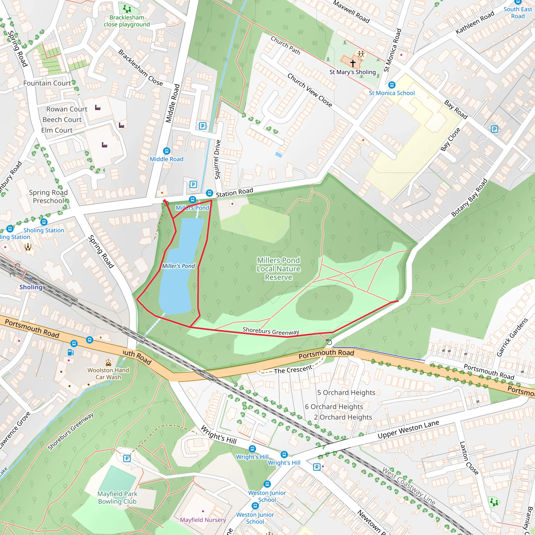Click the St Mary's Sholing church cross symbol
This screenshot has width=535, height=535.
pyautogui.click(x=352, y=63)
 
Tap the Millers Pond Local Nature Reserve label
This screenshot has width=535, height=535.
pyautogui.click(x=278, y=269)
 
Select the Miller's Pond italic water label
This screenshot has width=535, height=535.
pyautogui.click(x=178, y=266)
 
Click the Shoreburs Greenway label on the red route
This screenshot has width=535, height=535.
pyautogui.click(x=271, y=331)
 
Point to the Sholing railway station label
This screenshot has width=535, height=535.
pyautogui.click(x=31, y=287)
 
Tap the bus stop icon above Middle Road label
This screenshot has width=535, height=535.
pyautogui.click(x=166, y=151)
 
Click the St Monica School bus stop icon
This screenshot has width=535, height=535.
pyautogui.click(x=392, y=85)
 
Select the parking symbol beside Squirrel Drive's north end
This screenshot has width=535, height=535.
pyautogui.click(x=203, y=126)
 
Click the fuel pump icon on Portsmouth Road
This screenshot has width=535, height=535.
pyautogui.click(x=71, y=352)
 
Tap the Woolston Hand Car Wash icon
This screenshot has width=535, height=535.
pyautogui.click(x=108, y=362)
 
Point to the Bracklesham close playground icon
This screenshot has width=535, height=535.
pyautogui.click(x=127, y=9)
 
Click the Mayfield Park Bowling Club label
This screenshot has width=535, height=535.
pyautogui.click(x=117, y=498)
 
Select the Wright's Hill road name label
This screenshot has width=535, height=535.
pyautogui.click(x=219, y=435)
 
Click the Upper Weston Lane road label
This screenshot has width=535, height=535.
pyautogui.click(x=408, y=429)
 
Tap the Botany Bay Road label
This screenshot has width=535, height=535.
pyautogui.click(x=469, y=197)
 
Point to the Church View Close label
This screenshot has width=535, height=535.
pyautogui.click(x=310, y=90)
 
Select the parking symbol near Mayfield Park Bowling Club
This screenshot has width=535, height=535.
pyautogui.click(x=126, y=458)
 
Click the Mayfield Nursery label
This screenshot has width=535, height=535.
pyautogui.click(x=203, y=520)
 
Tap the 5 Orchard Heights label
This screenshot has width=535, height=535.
pyautogui.click(x=346, y=392)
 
